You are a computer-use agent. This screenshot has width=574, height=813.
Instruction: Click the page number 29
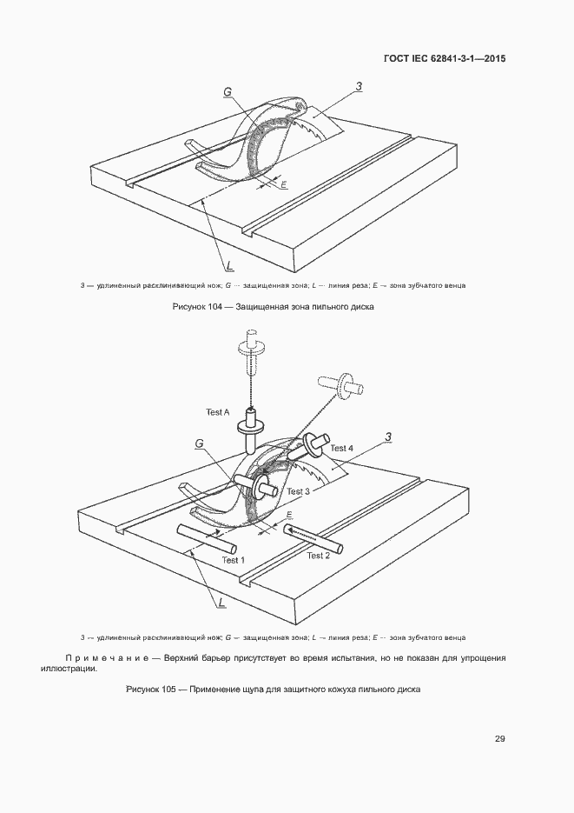(x=499, y=739)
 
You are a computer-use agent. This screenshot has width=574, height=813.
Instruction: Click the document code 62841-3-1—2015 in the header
(x=467, y=58)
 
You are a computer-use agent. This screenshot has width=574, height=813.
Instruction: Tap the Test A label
(x=217, y=412)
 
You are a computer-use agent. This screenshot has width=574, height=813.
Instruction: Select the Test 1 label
(x=233, y=560)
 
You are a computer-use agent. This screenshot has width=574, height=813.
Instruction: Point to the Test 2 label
(x=319, y=556)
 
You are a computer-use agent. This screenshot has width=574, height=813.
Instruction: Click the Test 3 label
(x=298, y=491)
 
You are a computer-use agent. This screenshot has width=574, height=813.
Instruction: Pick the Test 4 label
(x=341, y=448)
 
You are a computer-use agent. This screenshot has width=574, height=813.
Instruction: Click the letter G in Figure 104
(x=228, y=92)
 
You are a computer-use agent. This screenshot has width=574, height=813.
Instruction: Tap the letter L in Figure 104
(x=230, y=266)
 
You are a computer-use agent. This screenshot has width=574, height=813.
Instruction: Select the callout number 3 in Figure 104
(x=359, y=87)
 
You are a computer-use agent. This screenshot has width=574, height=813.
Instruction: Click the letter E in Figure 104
(x=284, y=184)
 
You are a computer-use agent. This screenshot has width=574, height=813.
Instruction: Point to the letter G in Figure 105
(x=199, y=443)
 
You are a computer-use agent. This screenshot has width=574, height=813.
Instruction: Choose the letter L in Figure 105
(x=221, y=603)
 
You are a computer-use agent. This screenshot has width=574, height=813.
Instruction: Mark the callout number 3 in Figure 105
(x=388, y=438)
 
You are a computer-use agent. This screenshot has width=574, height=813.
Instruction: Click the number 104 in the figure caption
(x=214, y=306)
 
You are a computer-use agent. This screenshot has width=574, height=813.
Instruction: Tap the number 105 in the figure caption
(x=168, y=689)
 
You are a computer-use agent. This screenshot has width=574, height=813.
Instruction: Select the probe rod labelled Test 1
(x=207, y=539)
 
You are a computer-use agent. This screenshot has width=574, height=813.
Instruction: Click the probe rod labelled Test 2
(x=313, y=538)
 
